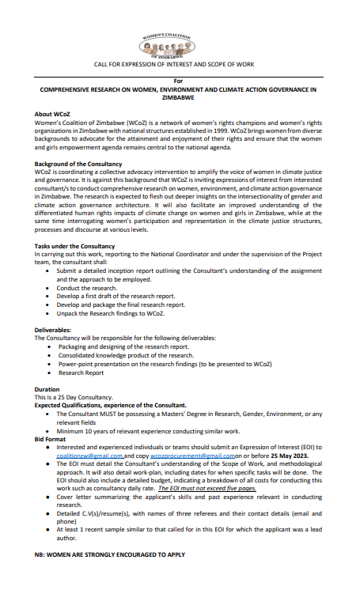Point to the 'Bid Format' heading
tap(51, 437)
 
